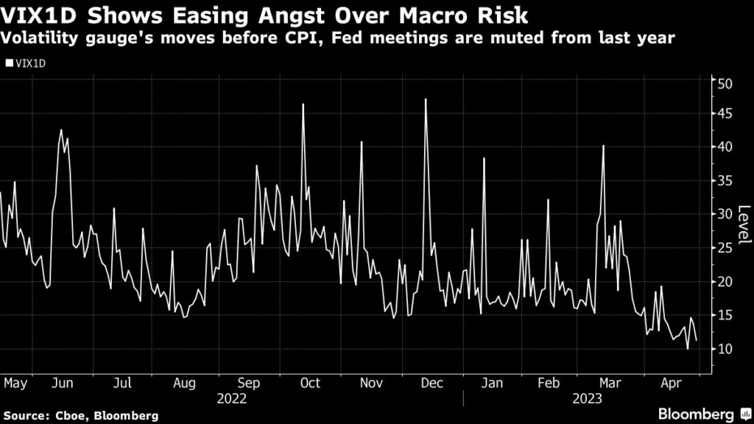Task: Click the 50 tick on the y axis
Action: [726, 83]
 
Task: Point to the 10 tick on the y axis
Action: [726, 349]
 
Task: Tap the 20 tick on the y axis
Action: [726, 282]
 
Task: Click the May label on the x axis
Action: [15, 383]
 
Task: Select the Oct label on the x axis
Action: [311, 383]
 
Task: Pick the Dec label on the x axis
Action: [434, 383]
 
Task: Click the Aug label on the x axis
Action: [185, 383]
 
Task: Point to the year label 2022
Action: [233, 399]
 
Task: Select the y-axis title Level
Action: [742, 225]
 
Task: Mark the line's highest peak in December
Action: [426, 99]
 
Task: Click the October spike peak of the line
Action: [303, 104]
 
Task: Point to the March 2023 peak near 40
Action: [603, 146]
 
